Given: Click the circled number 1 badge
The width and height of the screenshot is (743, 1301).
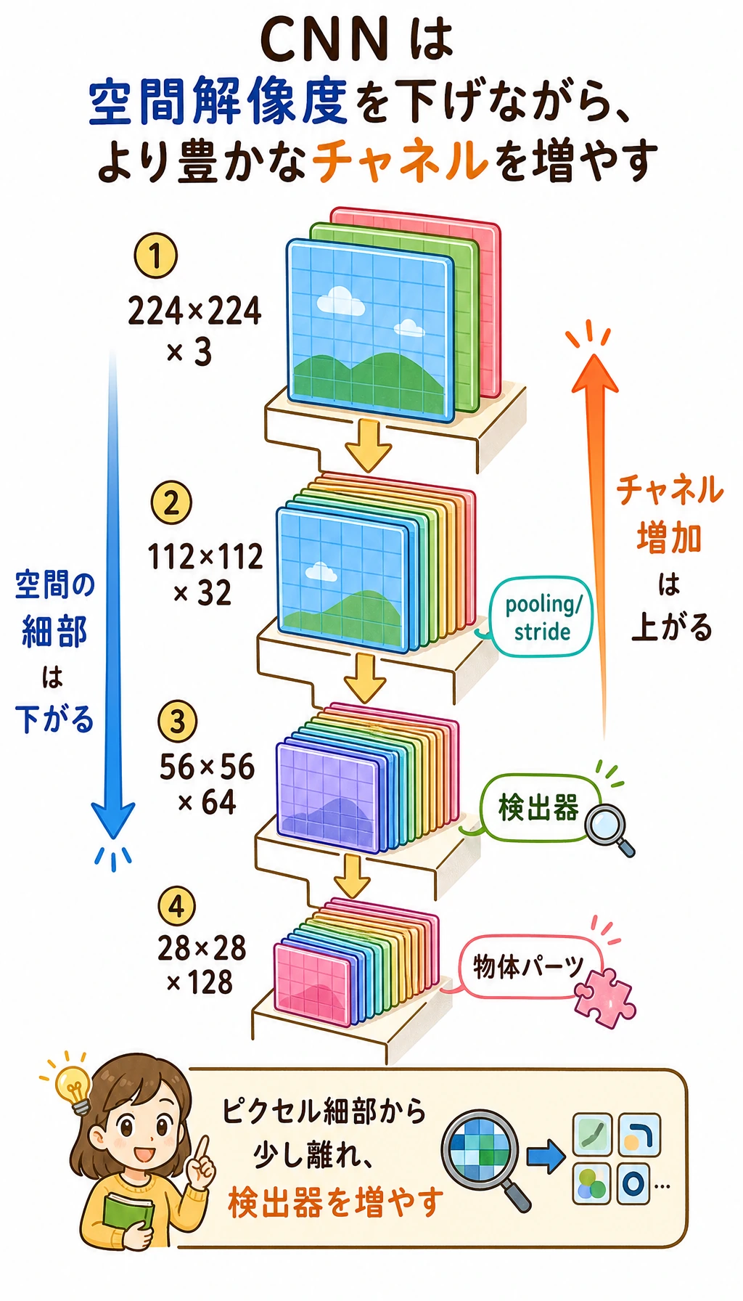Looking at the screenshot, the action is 155,255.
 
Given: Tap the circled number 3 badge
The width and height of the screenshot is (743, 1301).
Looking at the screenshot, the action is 177,722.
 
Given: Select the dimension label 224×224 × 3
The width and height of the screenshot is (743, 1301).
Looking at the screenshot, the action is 194,330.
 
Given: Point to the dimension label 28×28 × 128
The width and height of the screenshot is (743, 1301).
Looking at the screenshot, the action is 201,965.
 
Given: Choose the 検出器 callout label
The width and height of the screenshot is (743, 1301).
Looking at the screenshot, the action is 538,807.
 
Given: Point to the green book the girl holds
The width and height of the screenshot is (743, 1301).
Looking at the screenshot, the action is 128,1205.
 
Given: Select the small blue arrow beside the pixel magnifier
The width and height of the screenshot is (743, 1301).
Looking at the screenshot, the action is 546,1154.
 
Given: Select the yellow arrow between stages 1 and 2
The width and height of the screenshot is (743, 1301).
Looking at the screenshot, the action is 368,445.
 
